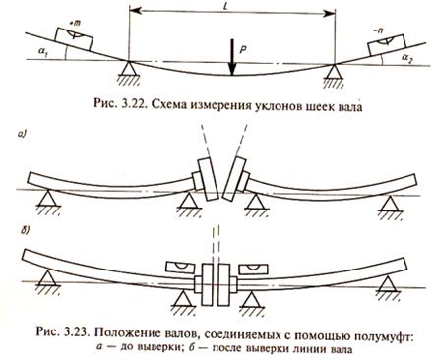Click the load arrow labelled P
coord(232,57)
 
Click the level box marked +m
coord(74,38)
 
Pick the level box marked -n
coord(386,44)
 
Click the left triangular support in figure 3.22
coord(129,68)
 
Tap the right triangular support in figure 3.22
coord(334,70)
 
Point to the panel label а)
coord(22,134)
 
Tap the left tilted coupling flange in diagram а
coord(208,180)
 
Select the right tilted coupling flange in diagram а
coord(233,178)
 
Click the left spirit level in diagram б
coord(181,268)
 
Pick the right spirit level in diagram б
coord(254,270)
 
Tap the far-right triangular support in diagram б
coord(388,283)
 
